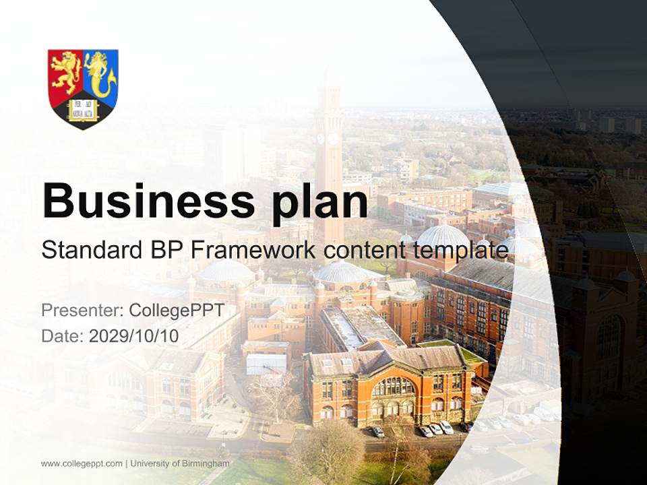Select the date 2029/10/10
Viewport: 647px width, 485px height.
[x=133, y=336]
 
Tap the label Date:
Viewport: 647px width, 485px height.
[x=63, y=336]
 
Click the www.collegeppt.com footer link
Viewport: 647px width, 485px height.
[x=82, y=463]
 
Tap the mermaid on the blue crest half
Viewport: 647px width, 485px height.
[x=100, y=73]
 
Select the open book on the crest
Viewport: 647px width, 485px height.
[x=83, y=108]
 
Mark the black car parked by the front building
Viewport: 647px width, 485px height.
[x=378, y=432]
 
